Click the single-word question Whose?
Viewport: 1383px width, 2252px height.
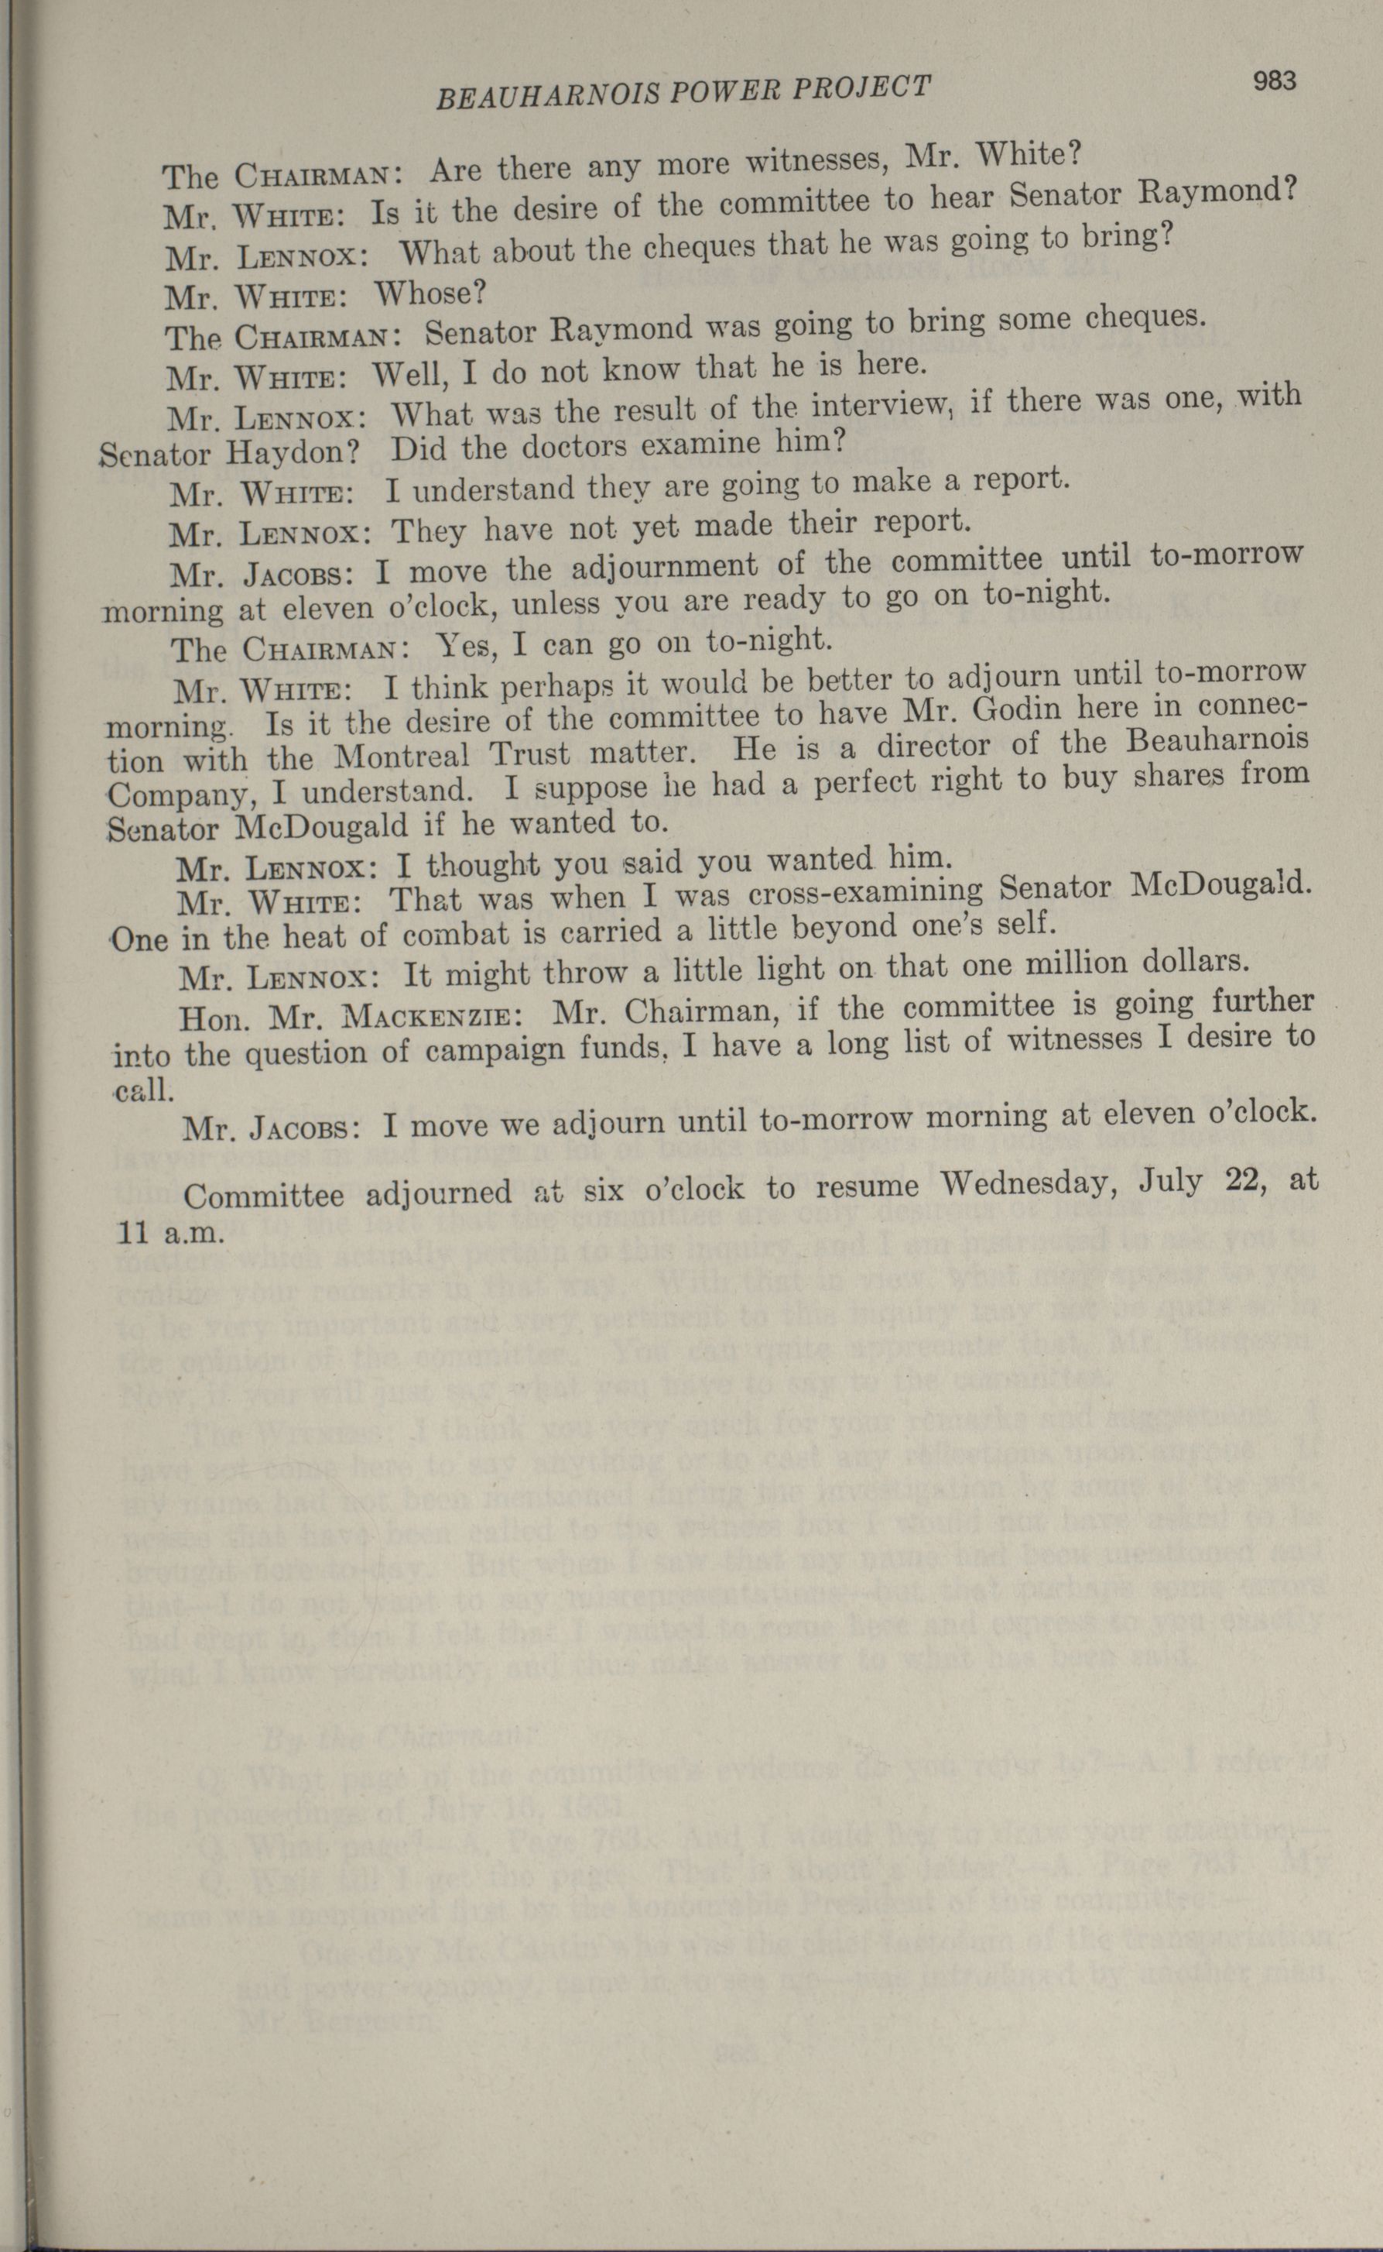click(x=430, y=294)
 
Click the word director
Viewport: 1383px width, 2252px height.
click(x=936, y=746)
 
